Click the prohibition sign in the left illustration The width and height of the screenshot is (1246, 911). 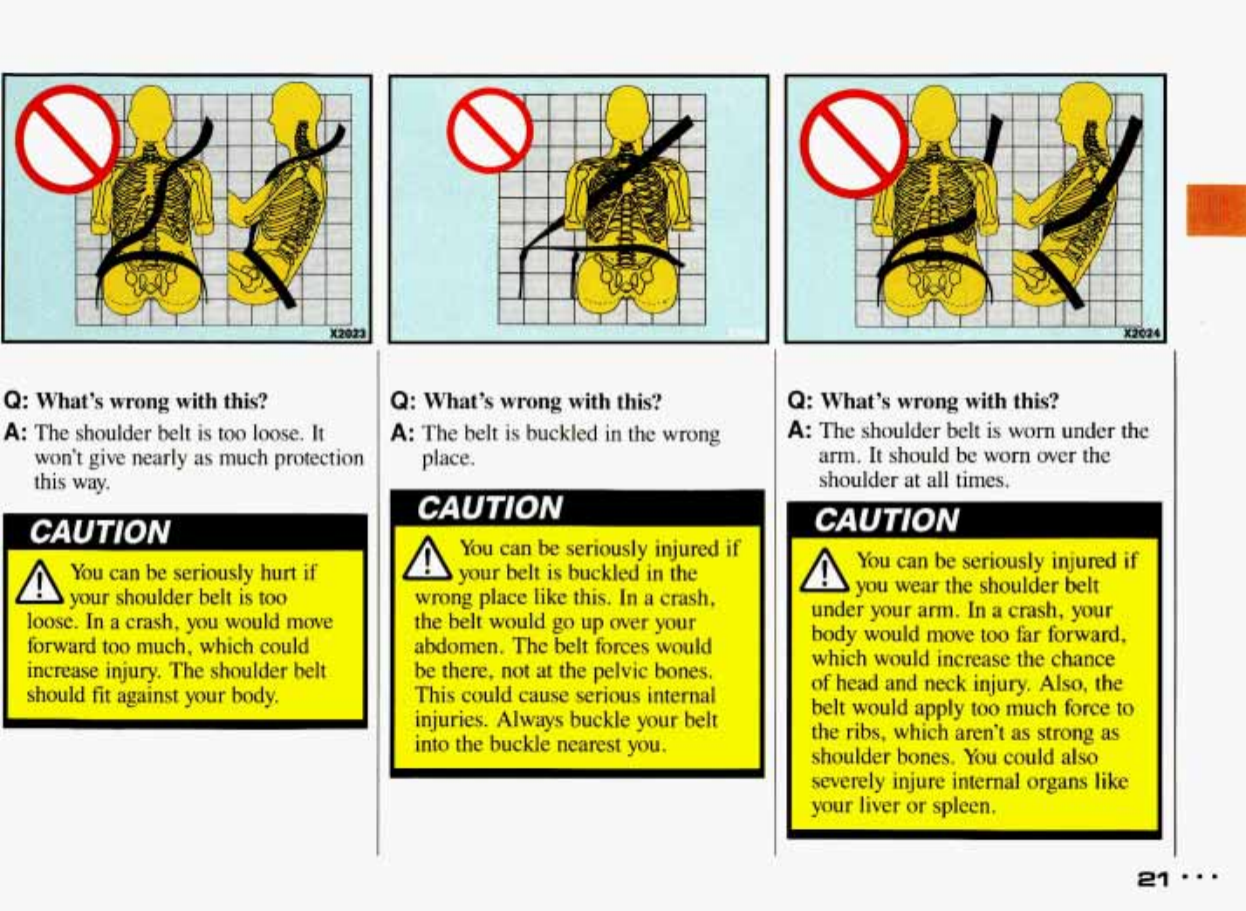[x=68, y=139]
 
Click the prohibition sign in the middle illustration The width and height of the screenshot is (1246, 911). [x=489, y=131]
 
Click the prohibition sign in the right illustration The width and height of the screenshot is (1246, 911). [x=854, y=143]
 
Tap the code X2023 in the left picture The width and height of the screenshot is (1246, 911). [x=347, y=333]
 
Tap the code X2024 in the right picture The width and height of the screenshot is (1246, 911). [x=1142, y=333]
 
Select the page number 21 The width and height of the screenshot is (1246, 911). [x=1154, y=880]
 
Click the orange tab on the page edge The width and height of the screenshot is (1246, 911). [x=1215, y=209]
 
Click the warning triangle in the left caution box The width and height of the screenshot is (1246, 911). [x=39, y=582]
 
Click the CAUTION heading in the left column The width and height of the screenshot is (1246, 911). [x=100, y=532]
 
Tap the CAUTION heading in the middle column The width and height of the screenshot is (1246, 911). [x=490, y=509]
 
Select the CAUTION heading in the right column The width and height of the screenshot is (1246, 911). [x=887, y=521]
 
